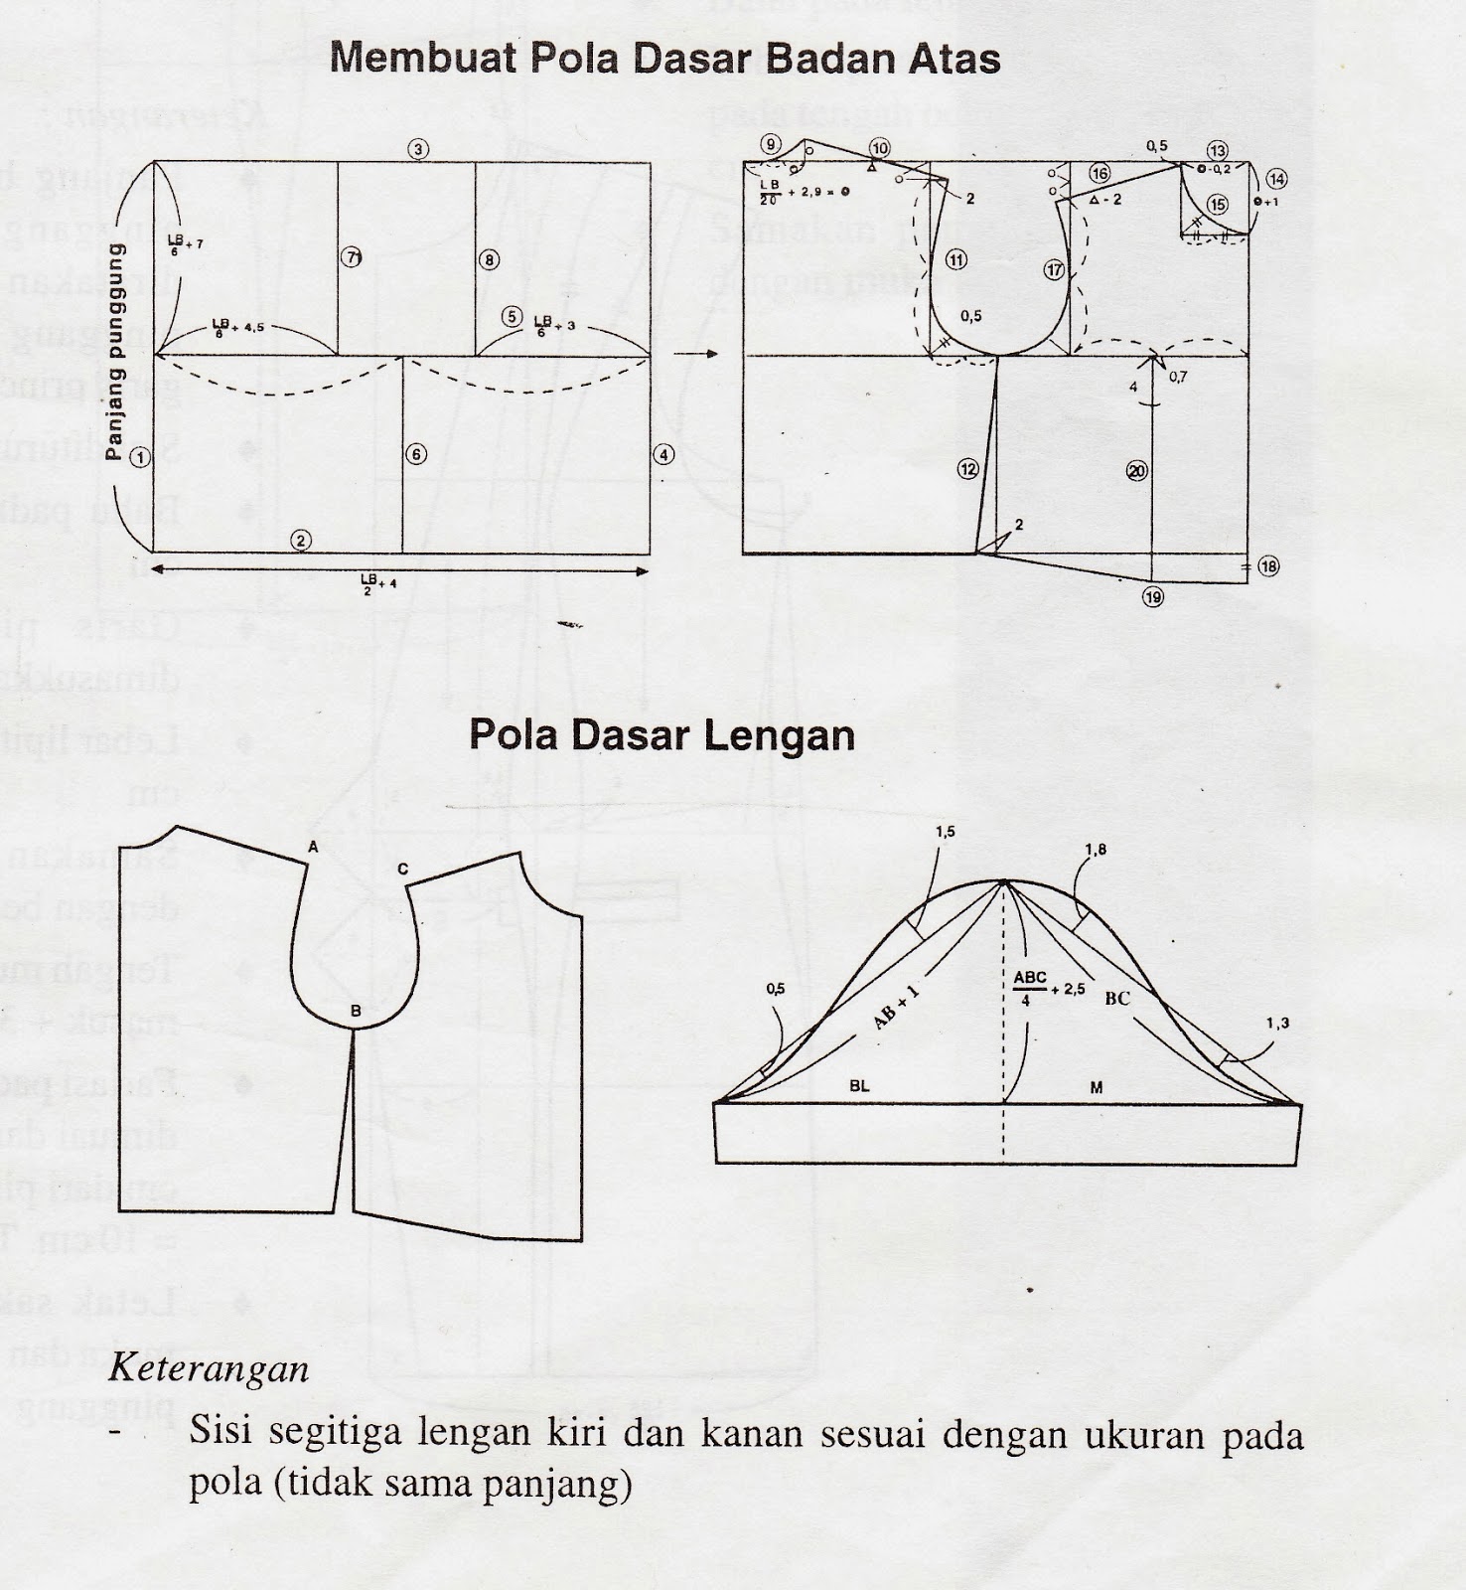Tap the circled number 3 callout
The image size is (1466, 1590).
(x=419, y=150)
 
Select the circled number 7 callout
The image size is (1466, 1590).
(x=352, y=257)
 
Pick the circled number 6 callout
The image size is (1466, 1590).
(x=416, y=454)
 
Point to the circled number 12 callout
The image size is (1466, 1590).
(x=968, y=468)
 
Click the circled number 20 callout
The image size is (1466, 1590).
(x=1138, y=470)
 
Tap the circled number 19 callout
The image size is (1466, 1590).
(x=1152, y=597)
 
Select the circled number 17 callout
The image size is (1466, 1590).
(x=1054, y=270)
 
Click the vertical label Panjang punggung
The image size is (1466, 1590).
(x=115, y=352)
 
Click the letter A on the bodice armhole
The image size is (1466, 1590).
(x=313, y=848)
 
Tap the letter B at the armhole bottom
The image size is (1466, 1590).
(x=355, y=1013)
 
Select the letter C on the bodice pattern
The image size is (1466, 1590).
(x=402, y=869)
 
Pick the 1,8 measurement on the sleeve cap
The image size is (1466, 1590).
(x=1097, y=849)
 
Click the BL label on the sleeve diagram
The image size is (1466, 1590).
(x=859, y=1086)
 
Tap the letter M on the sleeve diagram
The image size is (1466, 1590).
(x=1097, y=1088)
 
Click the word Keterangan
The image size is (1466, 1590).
(x=209, y=1369)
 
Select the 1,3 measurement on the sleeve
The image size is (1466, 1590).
(x=1277, y=1023)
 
